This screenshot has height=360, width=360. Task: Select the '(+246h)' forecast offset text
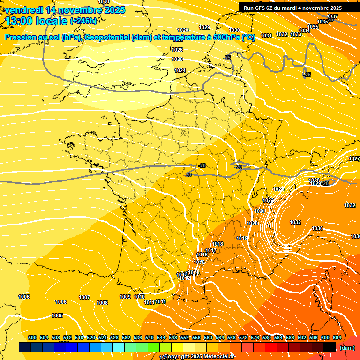(x=83, y=21)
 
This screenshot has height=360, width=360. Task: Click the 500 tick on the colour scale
(x=32, y=337)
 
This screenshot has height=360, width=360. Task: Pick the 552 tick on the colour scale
(x=185, y=337)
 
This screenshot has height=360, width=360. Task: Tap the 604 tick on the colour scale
(x=337, y=337)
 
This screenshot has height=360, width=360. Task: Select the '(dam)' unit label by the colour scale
(x=347, y=348)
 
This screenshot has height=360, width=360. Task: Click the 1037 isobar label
(x=332, y=16)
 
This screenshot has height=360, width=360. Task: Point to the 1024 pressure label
(x=180, y=70)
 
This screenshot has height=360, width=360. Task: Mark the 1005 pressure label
(x=57, y=315)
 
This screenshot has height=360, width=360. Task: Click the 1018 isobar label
(x=217, y=244)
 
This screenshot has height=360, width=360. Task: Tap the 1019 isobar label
(x=242, y=238)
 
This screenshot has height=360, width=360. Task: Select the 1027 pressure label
(x=354, y=159)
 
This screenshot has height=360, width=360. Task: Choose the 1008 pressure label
(x=102, y=303)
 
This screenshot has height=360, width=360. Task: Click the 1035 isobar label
(x=313, y=27)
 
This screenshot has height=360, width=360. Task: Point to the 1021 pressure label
(x=260, y=211)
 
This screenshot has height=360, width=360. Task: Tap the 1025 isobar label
(x=177, y=59)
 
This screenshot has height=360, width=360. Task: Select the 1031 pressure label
(x=266, y=36)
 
